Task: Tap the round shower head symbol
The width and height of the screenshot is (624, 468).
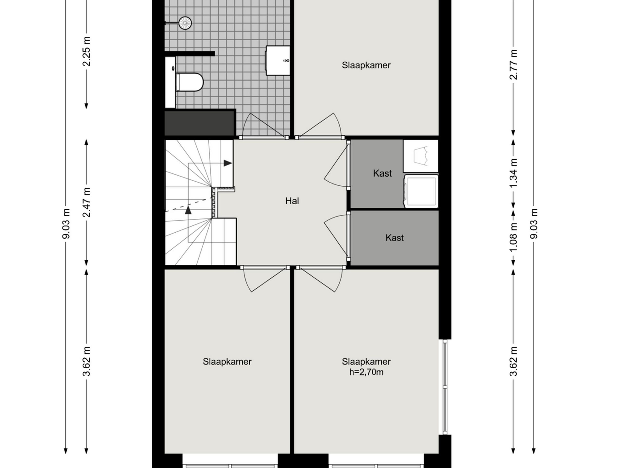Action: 185,23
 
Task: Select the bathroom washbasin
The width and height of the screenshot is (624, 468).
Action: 278,61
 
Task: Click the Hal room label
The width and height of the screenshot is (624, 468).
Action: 292,201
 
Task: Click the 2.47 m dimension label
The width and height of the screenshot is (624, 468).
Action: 87,202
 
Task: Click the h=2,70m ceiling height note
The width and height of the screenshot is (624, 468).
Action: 366,372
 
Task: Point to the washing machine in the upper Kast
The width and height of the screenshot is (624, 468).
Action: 421,191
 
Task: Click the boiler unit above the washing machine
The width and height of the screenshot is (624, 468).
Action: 421,156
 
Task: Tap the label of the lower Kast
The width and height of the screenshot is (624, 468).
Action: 394,238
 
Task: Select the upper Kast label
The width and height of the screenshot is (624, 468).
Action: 382,173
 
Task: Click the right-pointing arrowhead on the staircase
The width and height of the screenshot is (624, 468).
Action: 228,163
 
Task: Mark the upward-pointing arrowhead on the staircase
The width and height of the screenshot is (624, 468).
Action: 188,210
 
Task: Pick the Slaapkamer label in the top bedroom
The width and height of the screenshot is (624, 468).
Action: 366,65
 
